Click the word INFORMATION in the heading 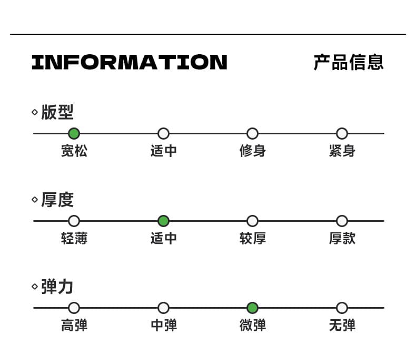[130, 62]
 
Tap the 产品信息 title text [349, 62]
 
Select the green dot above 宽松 [74, 133]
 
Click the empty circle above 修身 [252, 133]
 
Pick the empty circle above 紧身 [342, 133]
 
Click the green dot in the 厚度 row [163, 221]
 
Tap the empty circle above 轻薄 [74, 221]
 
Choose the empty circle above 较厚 [252, 221]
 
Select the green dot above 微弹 [252, 308]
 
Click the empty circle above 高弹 [74, 308]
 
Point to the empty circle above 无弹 [342, 308]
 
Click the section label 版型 [57, 112]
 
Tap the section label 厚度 [57, 200]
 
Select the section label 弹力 [57, 287]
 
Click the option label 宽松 [74, 151]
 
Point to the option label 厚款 [342, 238]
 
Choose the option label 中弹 [164, 325]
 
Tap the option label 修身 [253, 151]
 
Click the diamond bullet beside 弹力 [35, 287]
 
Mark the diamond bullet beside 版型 [35, 112]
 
